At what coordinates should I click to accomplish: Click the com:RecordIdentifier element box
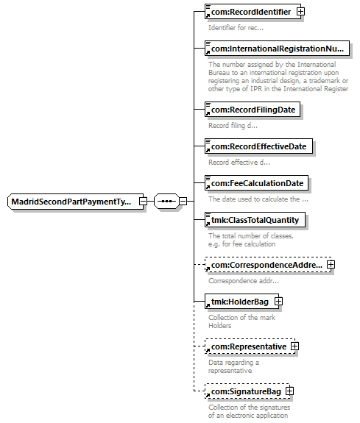coord(253,12)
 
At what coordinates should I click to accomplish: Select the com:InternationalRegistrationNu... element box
coord(277,49)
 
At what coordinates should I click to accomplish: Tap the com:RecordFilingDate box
coord(253,110)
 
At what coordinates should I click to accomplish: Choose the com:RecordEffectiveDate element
coord(258,146)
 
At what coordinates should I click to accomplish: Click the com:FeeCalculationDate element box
coord(256,183)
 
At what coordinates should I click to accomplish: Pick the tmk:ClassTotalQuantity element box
coord(255,220)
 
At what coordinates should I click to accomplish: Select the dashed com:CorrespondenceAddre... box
coord(268,265)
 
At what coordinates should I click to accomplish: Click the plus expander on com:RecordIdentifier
coord(300,12)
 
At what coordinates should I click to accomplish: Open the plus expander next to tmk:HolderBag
coord(278,302)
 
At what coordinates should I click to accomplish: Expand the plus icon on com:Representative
coord(294,346)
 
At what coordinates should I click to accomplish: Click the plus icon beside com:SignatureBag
coord(289,391)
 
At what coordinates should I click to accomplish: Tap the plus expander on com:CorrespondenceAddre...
coord(331,264)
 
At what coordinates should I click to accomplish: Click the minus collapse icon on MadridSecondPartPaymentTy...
coord(143,202)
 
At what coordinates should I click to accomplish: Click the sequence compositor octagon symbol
coord(166,202)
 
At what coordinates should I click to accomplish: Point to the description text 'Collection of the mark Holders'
coord(241,321)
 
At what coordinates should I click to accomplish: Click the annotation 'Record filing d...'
coord(233,126)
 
